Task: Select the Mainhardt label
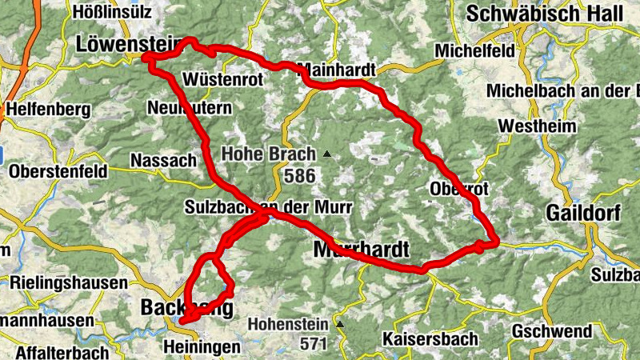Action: [x=336, y=70]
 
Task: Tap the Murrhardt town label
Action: [x=362, y=250]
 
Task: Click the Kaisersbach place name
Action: [x=430, y=339]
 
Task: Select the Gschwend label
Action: [x=552, y=331]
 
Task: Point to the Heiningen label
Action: [x=201, y=346]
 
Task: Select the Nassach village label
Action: [x=162, y=160]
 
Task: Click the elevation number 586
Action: [x=299, y=174]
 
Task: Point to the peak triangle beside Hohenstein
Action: [x=340, y=325]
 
